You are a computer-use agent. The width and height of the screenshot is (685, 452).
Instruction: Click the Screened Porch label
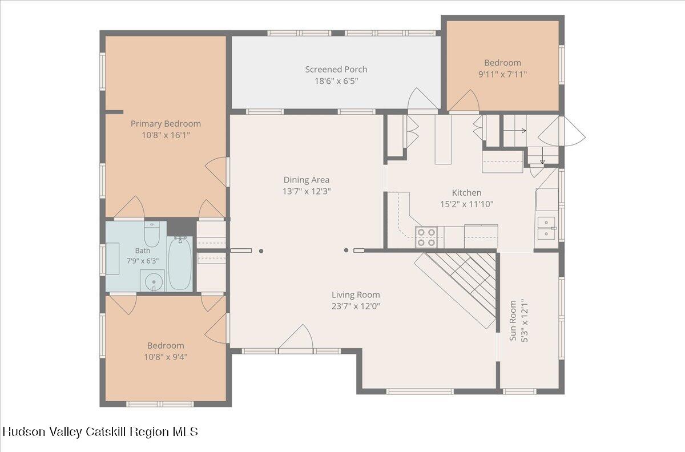(x=336, y=70)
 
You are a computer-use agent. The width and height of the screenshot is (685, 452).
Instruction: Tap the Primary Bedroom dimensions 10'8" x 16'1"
(x=166, y=135)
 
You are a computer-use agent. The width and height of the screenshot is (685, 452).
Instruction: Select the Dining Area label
(x=307, y=180)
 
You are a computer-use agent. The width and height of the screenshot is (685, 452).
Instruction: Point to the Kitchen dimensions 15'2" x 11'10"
(x=467, y=204)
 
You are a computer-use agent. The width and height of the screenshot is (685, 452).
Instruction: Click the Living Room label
(x=356, y=295)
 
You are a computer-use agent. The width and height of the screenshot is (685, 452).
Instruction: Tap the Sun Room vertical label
(x=513, y=320)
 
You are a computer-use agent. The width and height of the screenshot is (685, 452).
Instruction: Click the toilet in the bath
(x=152, y=234)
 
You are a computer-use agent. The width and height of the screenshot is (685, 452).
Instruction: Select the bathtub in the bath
(x=180, y=264)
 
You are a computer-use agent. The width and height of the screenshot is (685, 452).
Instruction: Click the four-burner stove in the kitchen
(x=426, y=237)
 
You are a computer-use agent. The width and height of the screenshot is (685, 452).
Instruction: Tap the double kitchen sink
(x=546, y=228)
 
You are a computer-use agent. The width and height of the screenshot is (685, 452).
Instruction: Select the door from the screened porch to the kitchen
(x=423, y=99)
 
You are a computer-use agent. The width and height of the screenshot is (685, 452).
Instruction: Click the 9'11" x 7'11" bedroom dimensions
(x=502, y=74)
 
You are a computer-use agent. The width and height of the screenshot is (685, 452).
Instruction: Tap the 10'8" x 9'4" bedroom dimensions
(x=166, y=357)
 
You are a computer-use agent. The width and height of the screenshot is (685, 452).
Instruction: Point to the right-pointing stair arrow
(x=515, y=131)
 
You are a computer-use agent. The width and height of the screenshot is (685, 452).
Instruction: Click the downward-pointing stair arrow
(x=542, y=155)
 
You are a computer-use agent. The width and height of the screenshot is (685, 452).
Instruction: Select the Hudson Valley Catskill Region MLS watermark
(x=100, y=431)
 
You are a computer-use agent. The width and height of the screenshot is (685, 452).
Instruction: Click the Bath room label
(x=143, y=251)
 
